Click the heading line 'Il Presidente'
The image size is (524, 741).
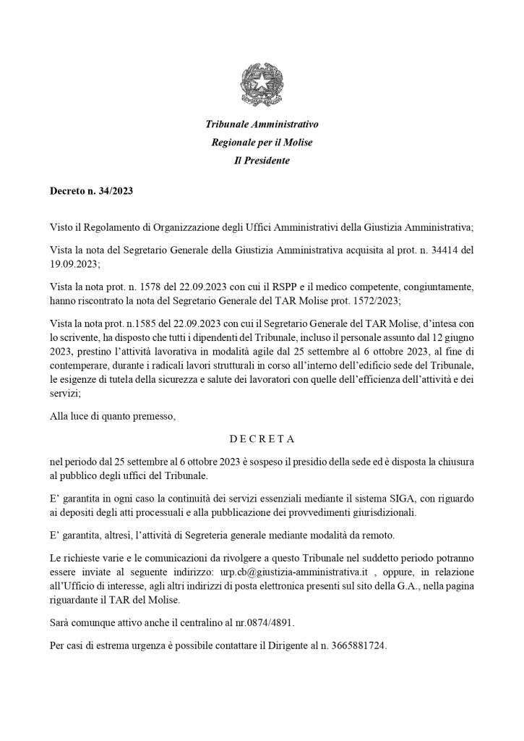tap(262, 161)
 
